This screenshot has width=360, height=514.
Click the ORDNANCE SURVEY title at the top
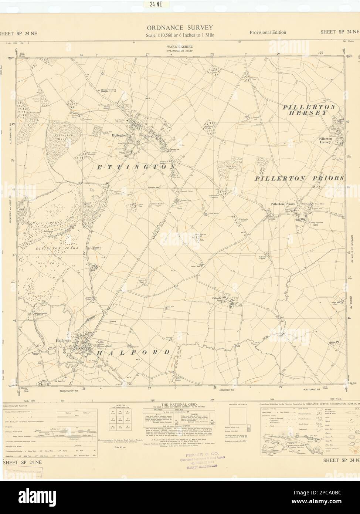tap(180, 27)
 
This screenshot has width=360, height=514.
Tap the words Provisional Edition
tap(268, 32)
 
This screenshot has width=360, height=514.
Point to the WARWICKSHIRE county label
tap(180, 47)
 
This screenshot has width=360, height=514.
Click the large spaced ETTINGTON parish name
tap(136, 167)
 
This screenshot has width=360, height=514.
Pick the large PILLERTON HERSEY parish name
tap(309, 110)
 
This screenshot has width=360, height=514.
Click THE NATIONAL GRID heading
tap(180, 405)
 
